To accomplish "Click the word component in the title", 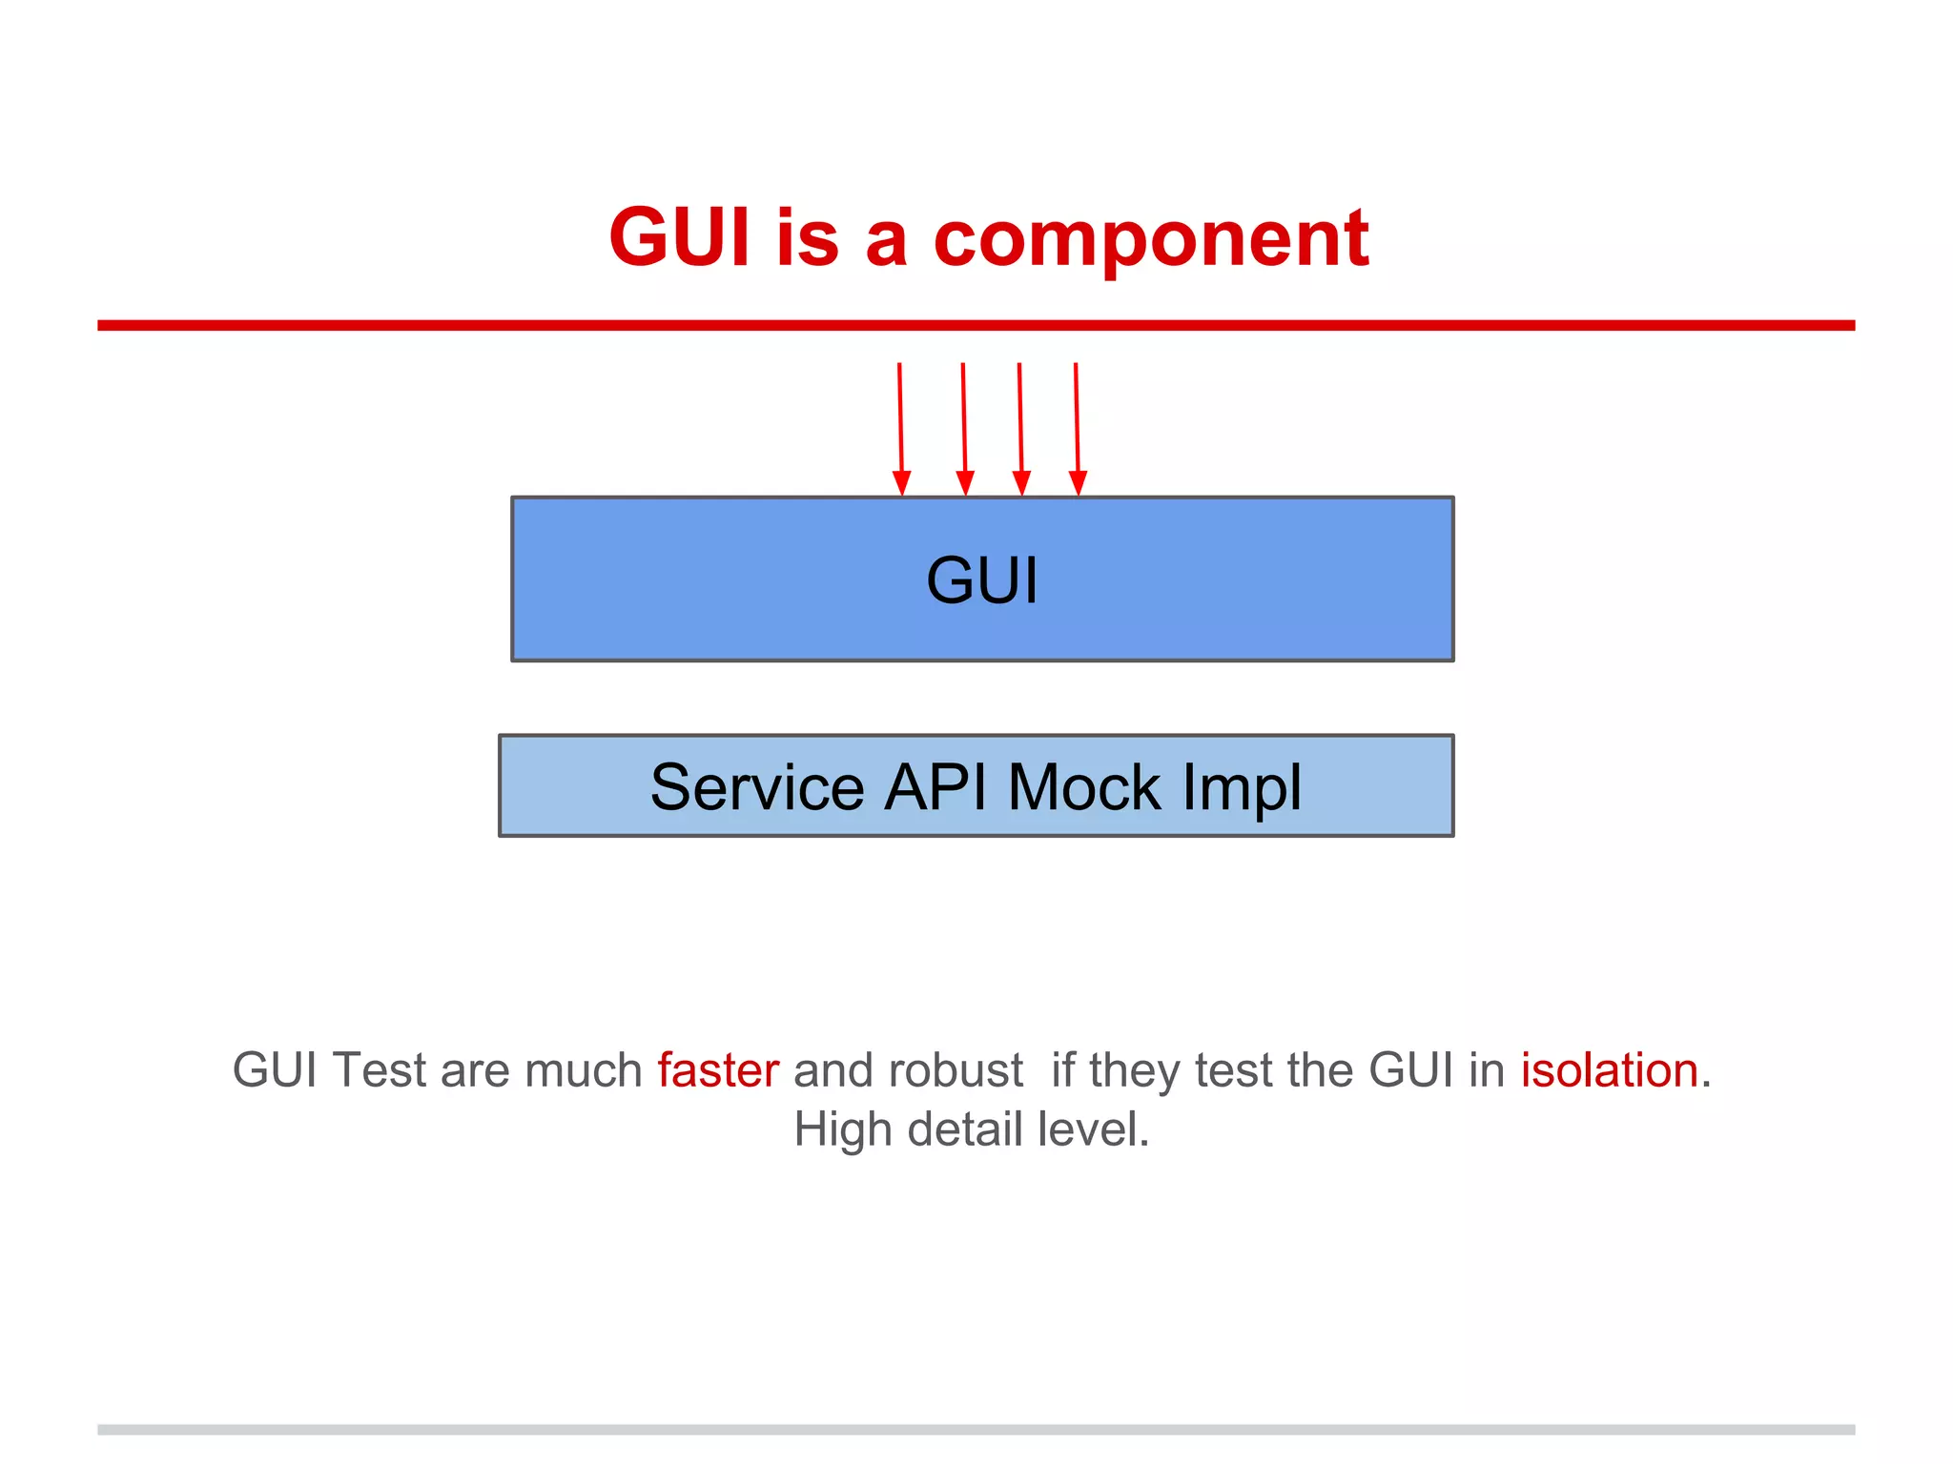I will [x=1150, y=238].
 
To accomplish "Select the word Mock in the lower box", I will [x=1084, y=787].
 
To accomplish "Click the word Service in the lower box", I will [x=757, y=787].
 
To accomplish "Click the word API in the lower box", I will [x=935, y=787].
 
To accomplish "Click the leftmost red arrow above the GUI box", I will [x=900, y=429].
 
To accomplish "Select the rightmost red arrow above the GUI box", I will [x=1077, y=429].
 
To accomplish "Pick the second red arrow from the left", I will [x=964, y=429].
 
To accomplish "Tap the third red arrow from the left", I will [x=1020, y=429].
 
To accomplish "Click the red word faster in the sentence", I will [x=718, y=1069].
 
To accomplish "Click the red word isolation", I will [x=1609, y=1069].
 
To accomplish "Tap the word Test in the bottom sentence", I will [x=379, y=1069].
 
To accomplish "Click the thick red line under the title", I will [x=976, y=325].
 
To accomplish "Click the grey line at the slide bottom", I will [x=976, y=1429].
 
